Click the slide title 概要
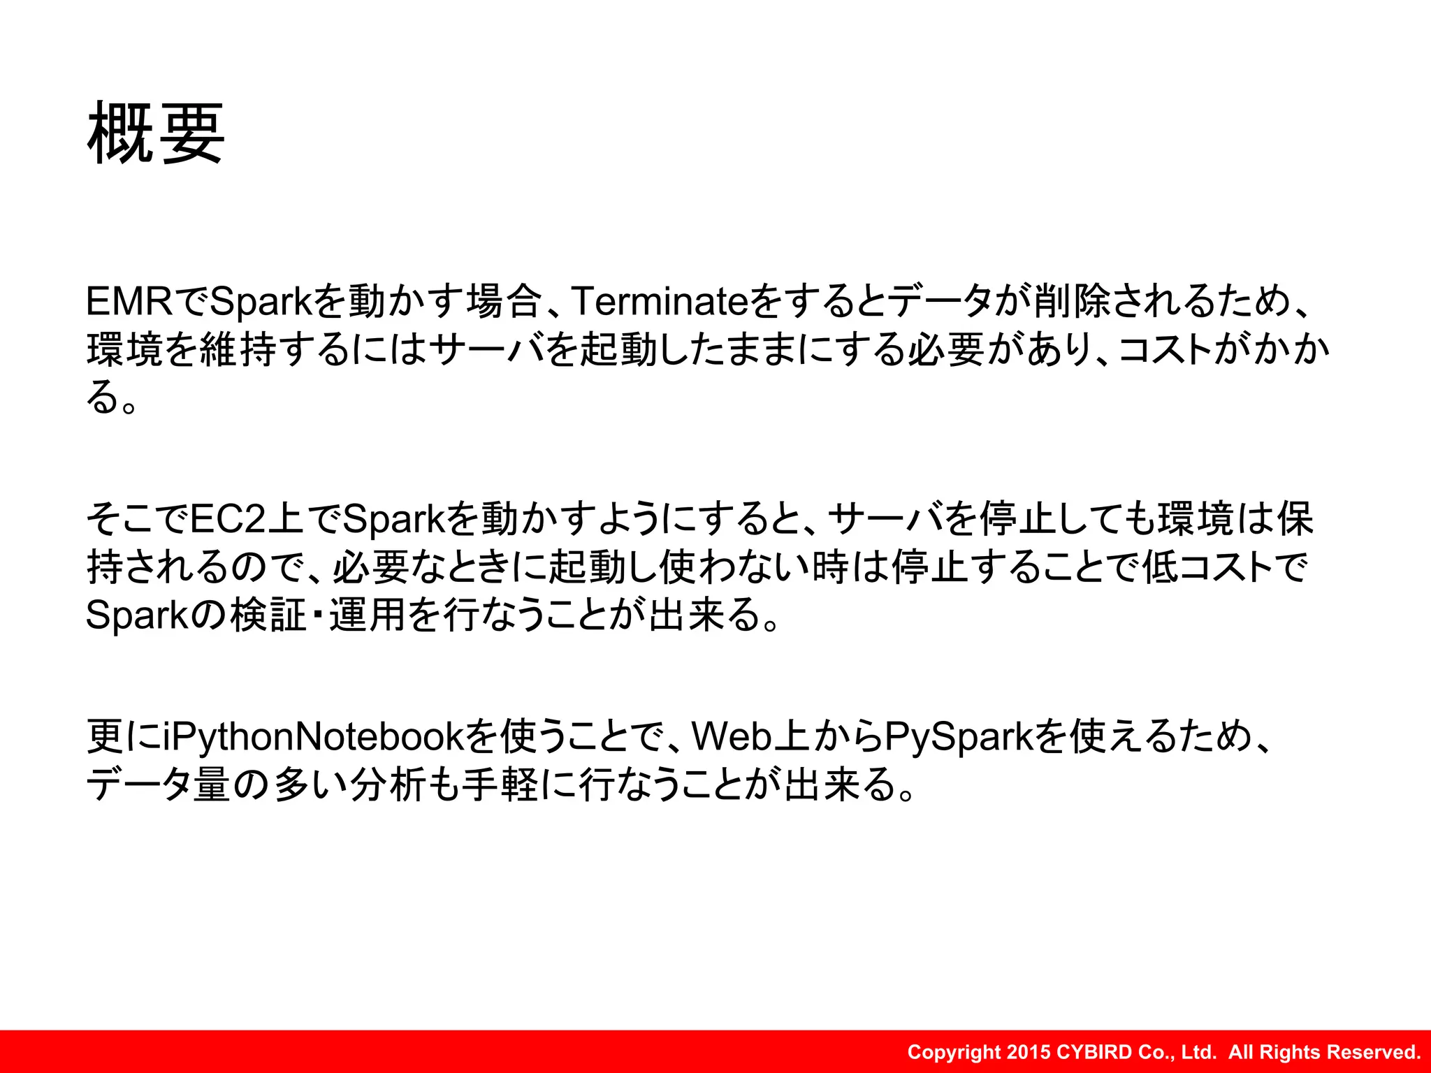pos(155,133)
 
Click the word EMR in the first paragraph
pos(129,302)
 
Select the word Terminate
pos(660,302)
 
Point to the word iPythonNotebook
pos(313,736)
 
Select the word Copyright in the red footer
pos(954,1052)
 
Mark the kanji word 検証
pos(268,615)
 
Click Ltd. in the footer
pos(1199,1052)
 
